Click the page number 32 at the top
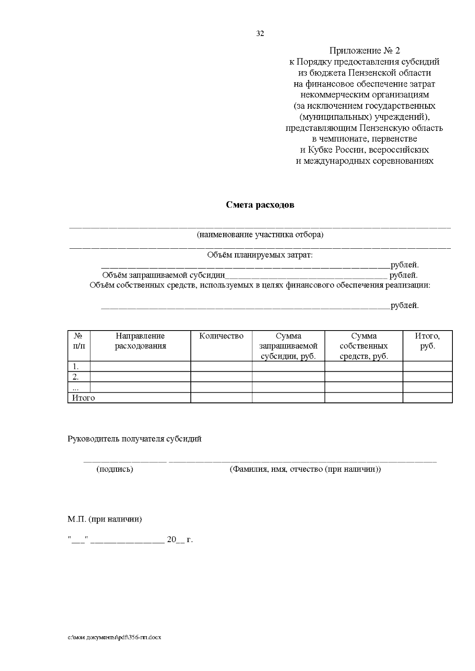pyautogui.click(x=260, y=34)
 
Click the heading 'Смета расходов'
pyautogui.click(x=260, y=205)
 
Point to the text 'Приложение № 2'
pyautogui.click(x=365, y=51)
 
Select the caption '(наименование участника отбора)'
pyautogui.click(x=260, y=235)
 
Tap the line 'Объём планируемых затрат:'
pyautogui.click(x=260, y=255)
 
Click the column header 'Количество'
pyautogui.click(x=221, y=336)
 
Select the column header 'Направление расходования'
pyautogui.click(x=140, y=341)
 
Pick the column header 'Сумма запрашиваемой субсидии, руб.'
pyautogui.click(x=288, y=346)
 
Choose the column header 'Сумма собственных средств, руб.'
pyautogui.click(x=363, y=346)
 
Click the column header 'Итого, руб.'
pyautogui.click(x=427, y=341)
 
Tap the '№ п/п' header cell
pyautogui.click(x=79, y=341)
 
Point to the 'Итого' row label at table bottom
pyautogui.click(x=84, y=398)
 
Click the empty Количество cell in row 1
pyautogui.click(x=221, y=367)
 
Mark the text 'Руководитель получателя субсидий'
pyautogui.click(x=135, y=439)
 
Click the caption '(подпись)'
pyautogui.click(x=115, y=469)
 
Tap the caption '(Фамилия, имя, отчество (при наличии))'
pyautogui.click(x=305, y=469)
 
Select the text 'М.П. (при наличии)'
pyautogui.click(x=104, y=519)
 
